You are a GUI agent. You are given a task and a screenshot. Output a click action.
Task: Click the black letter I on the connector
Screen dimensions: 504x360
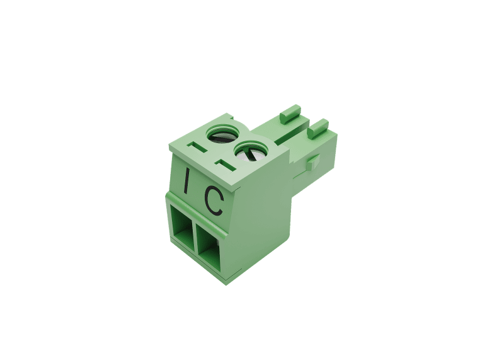click(186, 180)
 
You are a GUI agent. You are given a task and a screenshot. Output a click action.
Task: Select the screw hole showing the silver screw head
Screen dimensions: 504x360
click(250, 151)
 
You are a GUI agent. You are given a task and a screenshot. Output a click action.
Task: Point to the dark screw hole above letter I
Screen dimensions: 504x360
click(222, 134)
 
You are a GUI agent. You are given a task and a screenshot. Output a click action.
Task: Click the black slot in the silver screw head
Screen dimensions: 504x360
click(250, 154)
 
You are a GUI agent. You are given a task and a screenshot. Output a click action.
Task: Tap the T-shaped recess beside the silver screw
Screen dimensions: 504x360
click(226, 165)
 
